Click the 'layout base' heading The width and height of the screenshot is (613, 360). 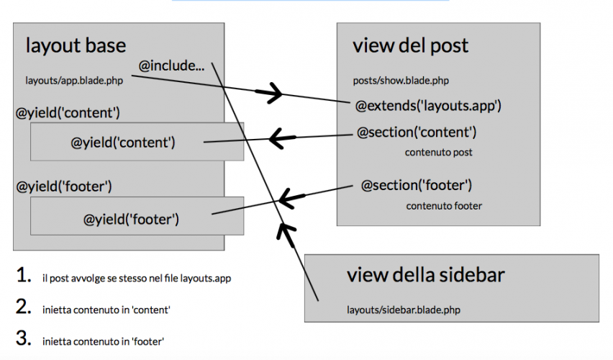coord(76,45)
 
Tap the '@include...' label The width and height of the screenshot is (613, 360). coord(171,66)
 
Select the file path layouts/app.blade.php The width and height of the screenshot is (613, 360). coord(74,81)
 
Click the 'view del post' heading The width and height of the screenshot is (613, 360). coord(410,46)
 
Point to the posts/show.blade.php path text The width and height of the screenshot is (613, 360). coord(401,81)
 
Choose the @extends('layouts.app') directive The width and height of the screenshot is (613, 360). coord(428,106)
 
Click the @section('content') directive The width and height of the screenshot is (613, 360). coord(417,132)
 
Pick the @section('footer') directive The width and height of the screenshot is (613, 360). coord(417,186)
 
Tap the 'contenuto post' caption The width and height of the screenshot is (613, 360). coord(438,153)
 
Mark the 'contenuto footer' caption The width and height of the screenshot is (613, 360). coord(444,206)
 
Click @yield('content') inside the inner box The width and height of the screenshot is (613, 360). coord(124,142)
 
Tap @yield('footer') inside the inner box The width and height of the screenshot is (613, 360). coord(132,217)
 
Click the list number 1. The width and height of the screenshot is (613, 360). coord(24,275)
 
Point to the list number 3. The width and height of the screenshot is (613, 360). coord(24,337)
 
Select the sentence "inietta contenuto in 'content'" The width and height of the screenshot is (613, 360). coord(106,309)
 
